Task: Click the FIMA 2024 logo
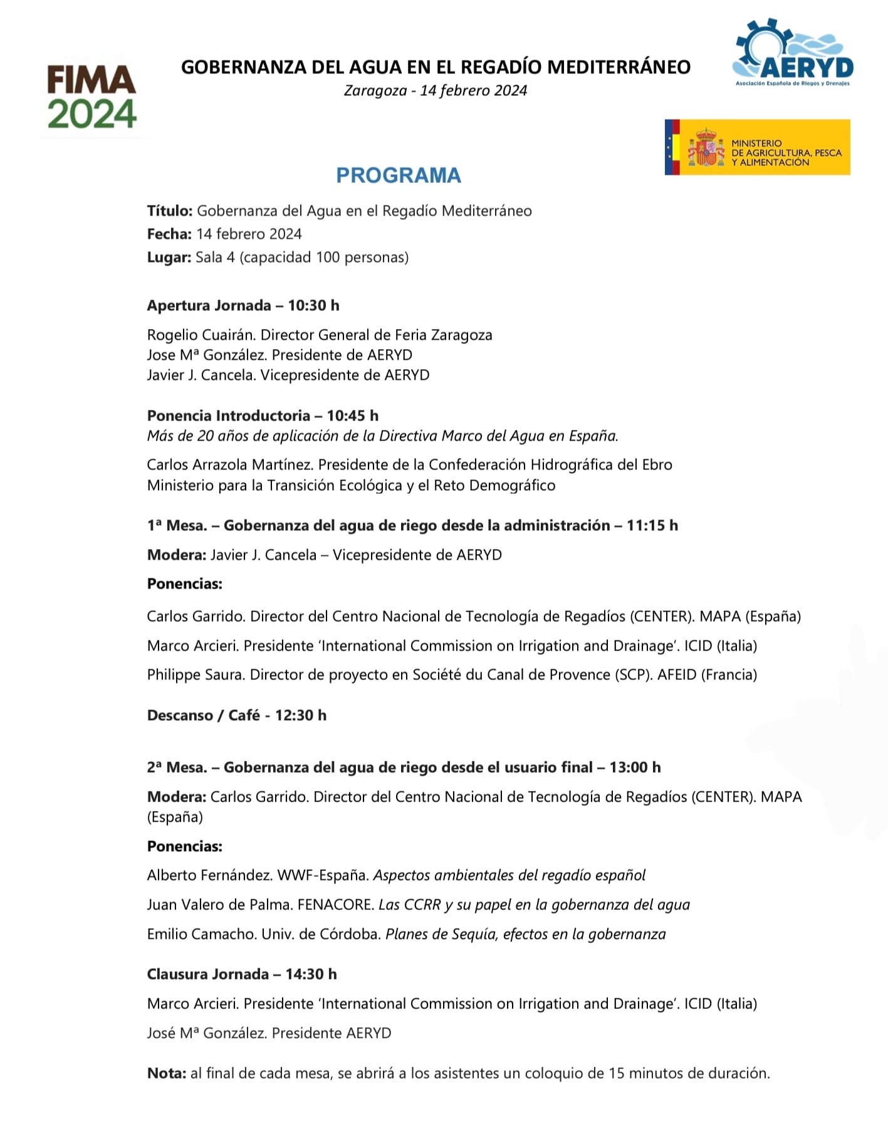click(92, 97)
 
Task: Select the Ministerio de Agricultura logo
click(757, 147)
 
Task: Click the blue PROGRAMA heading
click(399, 175)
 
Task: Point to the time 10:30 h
click(313, 306)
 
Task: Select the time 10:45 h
click(352, 416)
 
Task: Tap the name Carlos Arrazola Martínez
click(230, 465)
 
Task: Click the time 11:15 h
click(652, 526)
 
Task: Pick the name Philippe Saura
click(195, 675)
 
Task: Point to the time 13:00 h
click(635, 768)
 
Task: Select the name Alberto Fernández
click(207, 875)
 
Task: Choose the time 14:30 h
click(311, 974)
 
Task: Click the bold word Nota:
click(166, 1073)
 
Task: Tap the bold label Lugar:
click(169, 258)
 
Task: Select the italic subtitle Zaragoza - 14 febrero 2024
click(436, 91)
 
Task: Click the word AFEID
click(677, 675)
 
